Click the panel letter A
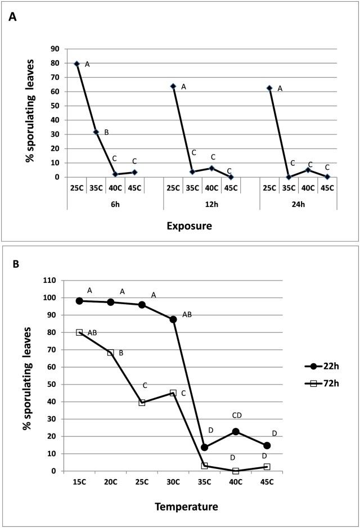click(12, 17)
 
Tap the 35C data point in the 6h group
click(96, 132)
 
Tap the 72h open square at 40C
click(236, 471)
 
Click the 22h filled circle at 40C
click(236, 431)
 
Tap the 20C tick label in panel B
click(111, 482)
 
